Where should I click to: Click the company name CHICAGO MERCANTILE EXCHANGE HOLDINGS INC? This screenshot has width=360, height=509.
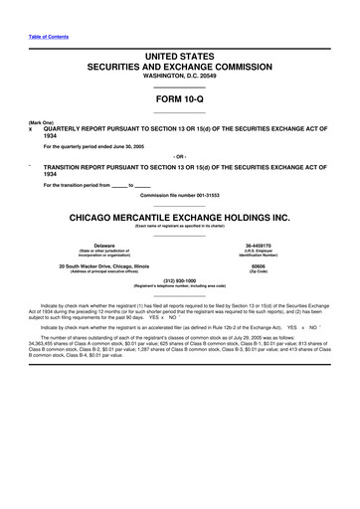(180, 216)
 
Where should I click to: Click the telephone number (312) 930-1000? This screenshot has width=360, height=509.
(180, 280)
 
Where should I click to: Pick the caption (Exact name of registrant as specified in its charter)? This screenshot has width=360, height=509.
(180, 227)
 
